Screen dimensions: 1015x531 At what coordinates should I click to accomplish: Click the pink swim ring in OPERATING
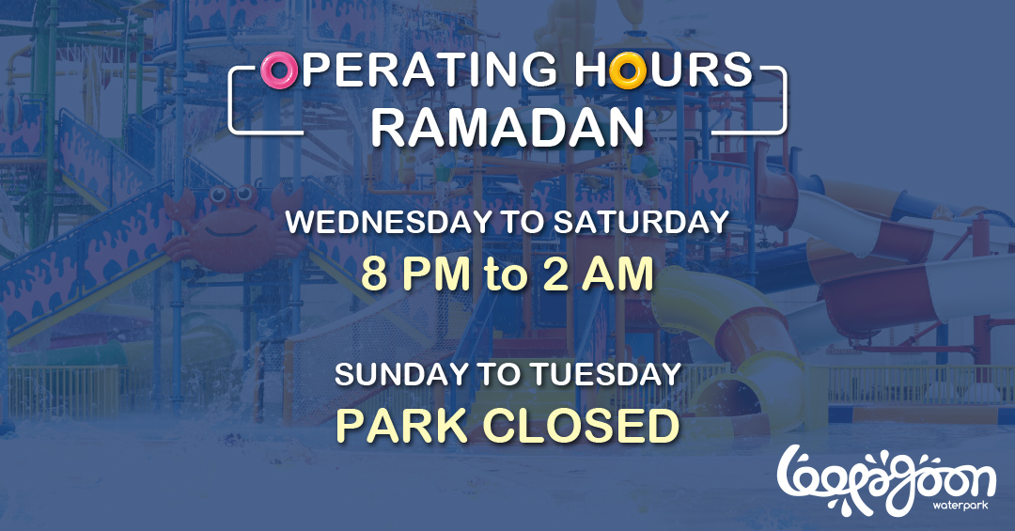click(279, 70)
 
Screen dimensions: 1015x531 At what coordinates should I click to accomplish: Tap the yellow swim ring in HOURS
click(627, 70)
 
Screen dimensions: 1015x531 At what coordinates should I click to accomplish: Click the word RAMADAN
click(507, 127)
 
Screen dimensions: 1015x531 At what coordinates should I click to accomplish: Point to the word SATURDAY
click(641, 222)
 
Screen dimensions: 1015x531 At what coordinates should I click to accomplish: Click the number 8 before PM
click(373, 273)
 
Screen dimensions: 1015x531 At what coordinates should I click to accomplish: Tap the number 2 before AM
click(554, 273)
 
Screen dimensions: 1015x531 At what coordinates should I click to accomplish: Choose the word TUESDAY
click(606, 375)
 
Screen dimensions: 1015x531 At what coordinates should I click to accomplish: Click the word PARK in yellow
click(401, 426)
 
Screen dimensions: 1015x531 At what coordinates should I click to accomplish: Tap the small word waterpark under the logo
click(960, 505)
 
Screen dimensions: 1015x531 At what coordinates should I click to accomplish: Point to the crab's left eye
click(219, 194)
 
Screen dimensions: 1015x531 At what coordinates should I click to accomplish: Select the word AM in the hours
click(617, 273)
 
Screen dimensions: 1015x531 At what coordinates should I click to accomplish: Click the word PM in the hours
click(434, 273)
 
